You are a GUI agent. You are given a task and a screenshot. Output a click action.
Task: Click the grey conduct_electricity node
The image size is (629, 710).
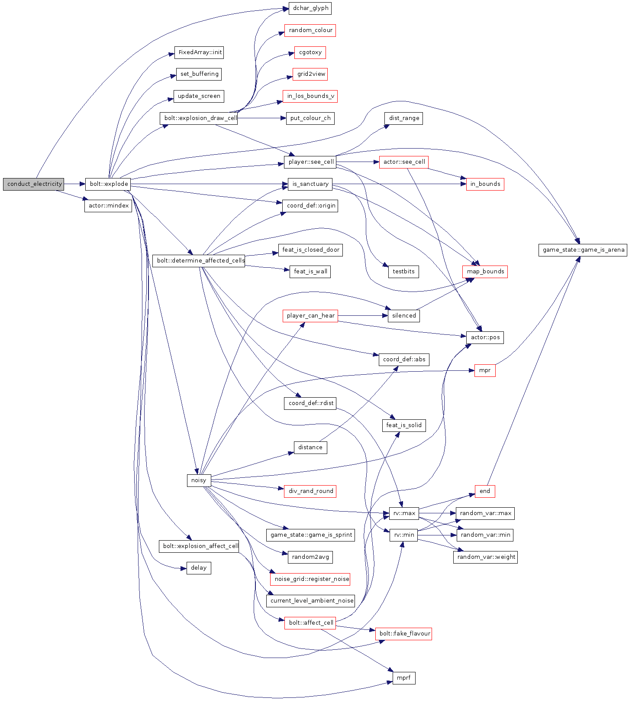(x=33, y=184)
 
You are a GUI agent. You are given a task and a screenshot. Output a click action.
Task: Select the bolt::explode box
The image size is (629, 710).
(x=108, y=184)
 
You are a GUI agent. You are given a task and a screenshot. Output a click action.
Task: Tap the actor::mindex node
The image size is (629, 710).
(x=108, y=206)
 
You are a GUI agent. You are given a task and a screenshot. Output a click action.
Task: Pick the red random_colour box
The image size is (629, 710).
(x=310, y=30)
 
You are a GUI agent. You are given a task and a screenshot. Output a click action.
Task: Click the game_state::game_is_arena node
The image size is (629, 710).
(x=583, y=250)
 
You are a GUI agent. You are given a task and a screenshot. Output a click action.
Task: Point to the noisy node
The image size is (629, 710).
(x=199, y=480)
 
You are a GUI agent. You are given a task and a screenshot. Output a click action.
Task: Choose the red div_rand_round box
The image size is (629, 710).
(x=310, y=491)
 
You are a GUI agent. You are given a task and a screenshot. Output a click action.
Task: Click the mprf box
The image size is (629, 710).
(x=403, y=678)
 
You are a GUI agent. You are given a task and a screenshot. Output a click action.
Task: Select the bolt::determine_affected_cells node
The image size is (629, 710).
(x=199, y=261)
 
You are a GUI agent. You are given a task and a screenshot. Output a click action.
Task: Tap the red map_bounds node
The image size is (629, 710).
(x=485, y=272)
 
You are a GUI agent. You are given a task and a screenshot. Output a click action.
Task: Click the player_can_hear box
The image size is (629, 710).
(x=310, y=316)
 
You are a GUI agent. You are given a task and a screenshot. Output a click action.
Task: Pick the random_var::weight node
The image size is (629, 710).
(x=485, y=557)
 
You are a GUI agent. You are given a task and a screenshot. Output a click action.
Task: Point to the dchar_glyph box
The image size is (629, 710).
(x=310, y=8)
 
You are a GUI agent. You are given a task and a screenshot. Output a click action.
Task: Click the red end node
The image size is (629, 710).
(x=485, y=491)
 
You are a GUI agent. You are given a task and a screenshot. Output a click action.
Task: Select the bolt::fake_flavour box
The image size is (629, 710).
(x=403, y=634)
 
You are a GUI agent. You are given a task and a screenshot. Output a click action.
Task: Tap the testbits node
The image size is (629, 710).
(x=403, y=272)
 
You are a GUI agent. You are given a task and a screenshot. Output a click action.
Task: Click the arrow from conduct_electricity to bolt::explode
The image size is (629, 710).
(x=74, y=184)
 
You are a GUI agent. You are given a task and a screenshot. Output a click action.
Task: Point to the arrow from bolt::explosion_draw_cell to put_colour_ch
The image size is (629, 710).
(x=261, y=118)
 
